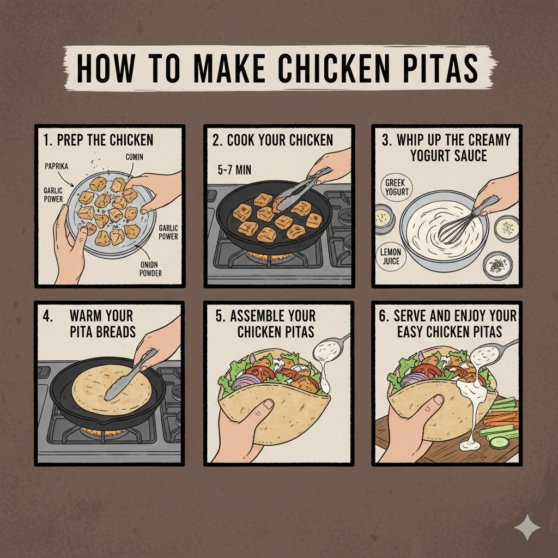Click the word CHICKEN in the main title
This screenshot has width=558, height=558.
point(334,68)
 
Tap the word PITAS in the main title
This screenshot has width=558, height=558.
point(440,68)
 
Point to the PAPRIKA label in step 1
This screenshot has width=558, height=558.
point(56,166)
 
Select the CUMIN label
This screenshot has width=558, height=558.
point(134,157)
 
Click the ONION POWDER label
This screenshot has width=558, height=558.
point(150,269)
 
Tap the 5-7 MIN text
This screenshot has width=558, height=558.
point(234,170)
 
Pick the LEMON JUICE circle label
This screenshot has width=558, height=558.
point(391,256)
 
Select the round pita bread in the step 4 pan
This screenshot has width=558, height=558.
point(112,389)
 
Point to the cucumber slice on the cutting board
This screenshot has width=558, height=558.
point(499,442)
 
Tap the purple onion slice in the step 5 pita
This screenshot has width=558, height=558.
point(241,382)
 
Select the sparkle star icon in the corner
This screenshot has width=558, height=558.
point(527,527)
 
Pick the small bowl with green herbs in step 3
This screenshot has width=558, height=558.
point(498,265)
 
